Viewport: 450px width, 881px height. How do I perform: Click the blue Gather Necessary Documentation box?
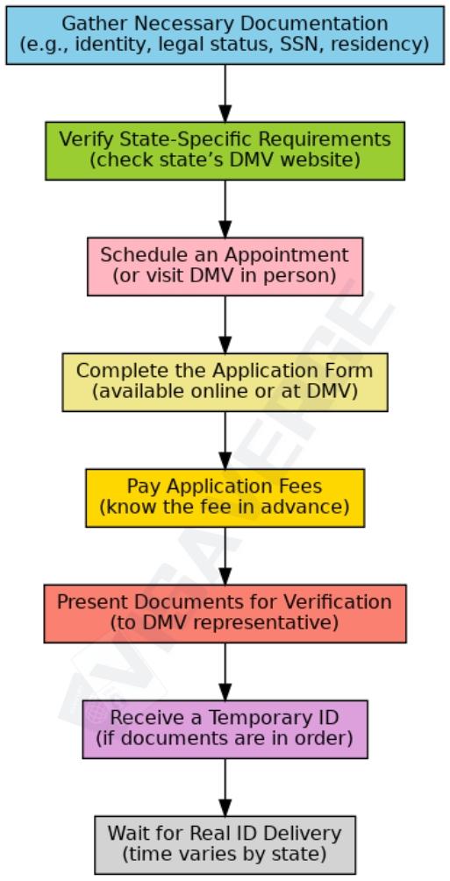tap(225, 34)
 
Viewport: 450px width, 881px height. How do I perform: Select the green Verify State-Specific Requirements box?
tap(225, 150)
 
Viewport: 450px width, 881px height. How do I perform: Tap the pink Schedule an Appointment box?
tap(225, 266)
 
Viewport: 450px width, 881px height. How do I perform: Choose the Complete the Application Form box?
tap(225, 381)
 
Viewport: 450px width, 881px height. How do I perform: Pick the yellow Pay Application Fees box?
tap(225, 497)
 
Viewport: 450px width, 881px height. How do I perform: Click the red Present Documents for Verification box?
tap(225, 613)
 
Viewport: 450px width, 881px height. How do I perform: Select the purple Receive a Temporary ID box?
tap(225, 728)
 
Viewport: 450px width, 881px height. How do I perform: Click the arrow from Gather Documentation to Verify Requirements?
tap(225, 92)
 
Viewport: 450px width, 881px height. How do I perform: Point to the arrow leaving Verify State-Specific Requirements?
tap(225, 208)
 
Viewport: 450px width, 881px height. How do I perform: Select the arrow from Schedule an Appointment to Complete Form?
tap(225, 323)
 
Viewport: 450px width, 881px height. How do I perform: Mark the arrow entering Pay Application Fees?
tap(225, 439)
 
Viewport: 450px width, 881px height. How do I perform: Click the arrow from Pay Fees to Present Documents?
tap(225, 555)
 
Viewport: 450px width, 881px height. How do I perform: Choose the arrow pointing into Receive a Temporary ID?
tap(225, 671)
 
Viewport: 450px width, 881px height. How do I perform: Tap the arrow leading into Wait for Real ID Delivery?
tap(225, 786)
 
